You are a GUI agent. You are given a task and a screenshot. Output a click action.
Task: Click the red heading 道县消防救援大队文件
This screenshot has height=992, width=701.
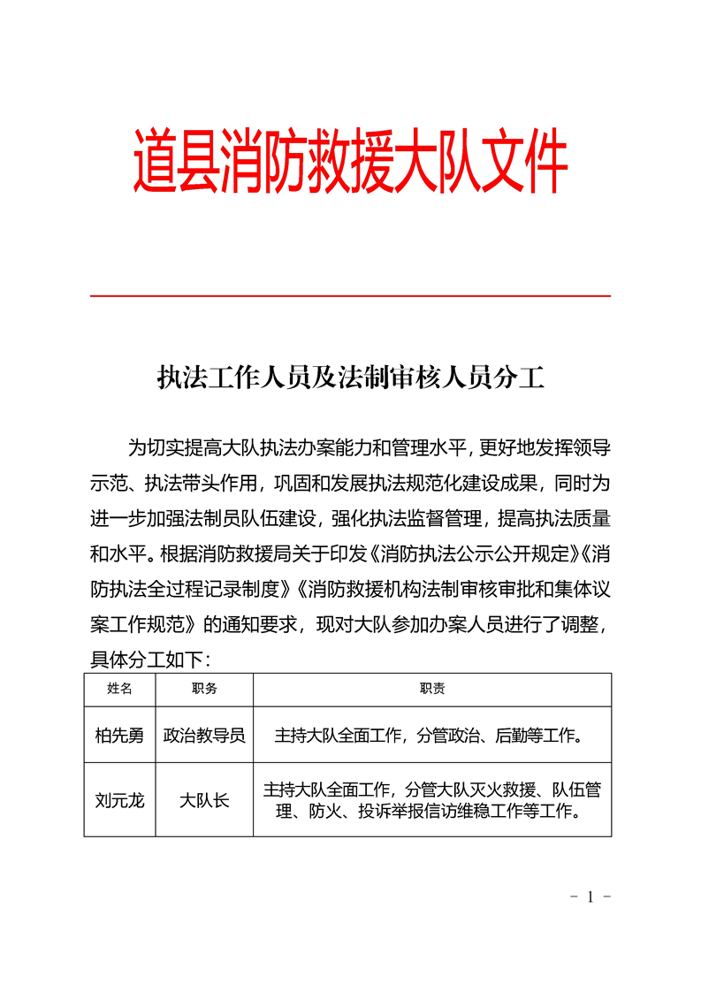pos(350,163)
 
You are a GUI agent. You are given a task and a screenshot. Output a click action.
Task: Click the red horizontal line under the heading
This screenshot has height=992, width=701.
pos(350,295)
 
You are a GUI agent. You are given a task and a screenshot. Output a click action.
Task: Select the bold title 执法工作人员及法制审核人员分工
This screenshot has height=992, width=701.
pos(350,378)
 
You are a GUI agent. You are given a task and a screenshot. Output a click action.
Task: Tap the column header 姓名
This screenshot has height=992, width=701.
pos(119,689)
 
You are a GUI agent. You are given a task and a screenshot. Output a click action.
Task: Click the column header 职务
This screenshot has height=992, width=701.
pos(204,689)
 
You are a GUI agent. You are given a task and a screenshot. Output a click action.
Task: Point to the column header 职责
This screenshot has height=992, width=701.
pos(432,689)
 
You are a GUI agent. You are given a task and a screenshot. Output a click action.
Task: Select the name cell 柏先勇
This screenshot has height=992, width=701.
pos(119,735)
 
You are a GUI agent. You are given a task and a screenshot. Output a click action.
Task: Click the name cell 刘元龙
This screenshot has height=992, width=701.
pos(119,800)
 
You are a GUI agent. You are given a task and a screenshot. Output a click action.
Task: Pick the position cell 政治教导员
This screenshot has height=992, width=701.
pos(204,735)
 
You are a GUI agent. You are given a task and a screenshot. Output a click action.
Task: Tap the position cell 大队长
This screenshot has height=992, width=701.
pos(204,800)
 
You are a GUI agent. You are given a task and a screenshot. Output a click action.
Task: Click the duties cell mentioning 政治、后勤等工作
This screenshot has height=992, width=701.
pos(432,735)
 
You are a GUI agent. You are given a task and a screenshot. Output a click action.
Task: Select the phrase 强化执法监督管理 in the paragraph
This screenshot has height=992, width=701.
pos(407,519)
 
